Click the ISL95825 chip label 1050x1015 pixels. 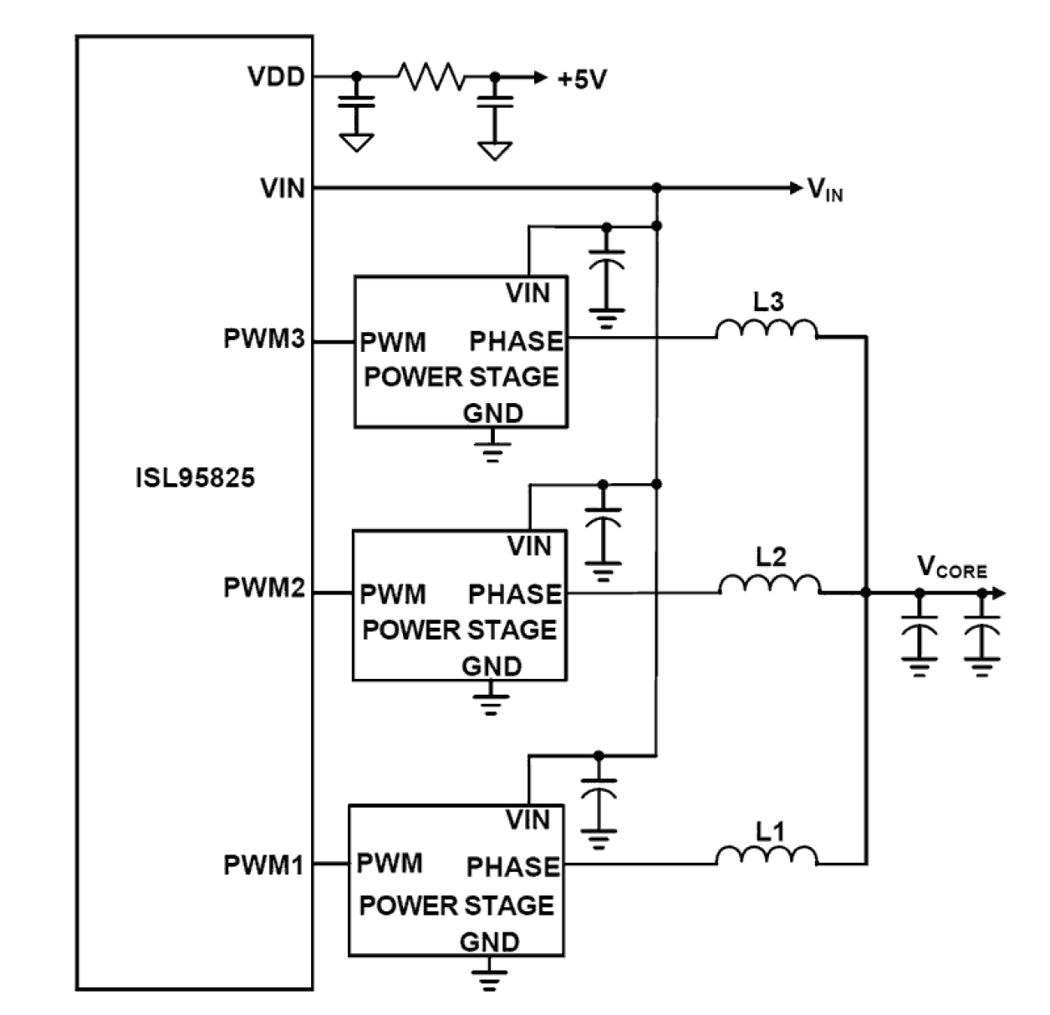pyautogui.click(x=195, y=478)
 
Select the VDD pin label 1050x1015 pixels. pyautogui.click(x=277, y=77)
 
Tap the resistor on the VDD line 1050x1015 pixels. pyautogui.click(x=431, y=77)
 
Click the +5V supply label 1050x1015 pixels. pyautogui.click(x=582, y=79)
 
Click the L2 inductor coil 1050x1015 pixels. pyautogui.click(x=769, y=584)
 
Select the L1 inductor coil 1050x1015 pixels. pyautogui.click(x=767, y=854)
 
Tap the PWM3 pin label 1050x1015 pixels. pyautogui.click(x=264, y=340)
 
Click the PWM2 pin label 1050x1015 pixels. pyautogui.click(x=264, y=588)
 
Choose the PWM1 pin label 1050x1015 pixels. pyautogui.click(x=263, y=865)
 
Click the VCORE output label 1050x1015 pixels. pyautogui.click(x=951, y=568)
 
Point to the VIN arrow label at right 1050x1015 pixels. pyautogui.click(x=824, y=190)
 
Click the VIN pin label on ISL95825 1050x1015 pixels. pyautogui.click(x=283, y=188)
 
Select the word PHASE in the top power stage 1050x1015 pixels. pyautogui.click(x=516, y=341)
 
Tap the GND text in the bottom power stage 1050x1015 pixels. pyautogui.click(x=489, y=942)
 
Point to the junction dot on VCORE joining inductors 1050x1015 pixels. pyautogui.click(x=866, y=593)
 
